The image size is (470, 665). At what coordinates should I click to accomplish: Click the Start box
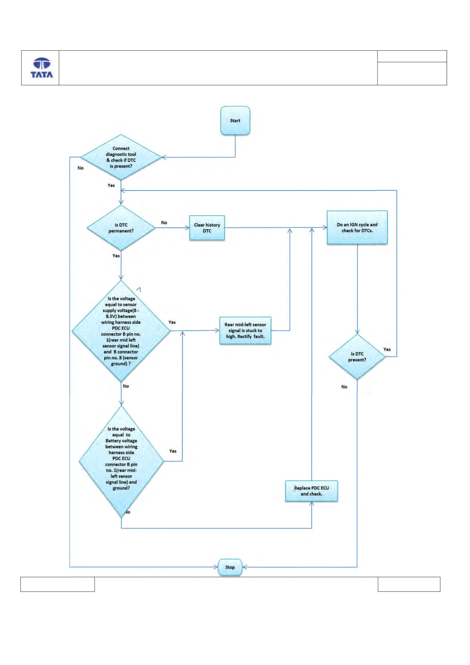tap(235, 121)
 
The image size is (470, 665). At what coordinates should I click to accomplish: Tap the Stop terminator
tap(230, 567)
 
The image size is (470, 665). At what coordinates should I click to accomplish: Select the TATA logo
tap(42, 68)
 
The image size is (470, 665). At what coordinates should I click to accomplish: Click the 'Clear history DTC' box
tap(207, 228)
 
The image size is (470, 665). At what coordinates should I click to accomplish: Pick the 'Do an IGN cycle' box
tap(357, 228)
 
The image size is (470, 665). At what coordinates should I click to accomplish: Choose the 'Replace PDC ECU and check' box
tap(311, 491)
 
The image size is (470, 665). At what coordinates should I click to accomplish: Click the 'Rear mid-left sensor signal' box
tap(245, 330)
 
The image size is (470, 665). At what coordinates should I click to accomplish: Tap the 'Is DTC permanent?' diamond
tap(121, 228)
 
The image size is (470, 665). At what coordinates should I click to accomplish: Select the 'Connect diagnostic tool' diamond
tap(121, 157)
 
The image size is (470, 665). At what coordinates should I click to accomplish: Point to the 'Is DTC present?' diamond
tap(357, 357)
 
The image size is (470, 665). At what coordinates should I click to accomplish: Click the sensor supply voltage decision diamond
tap(121, 331)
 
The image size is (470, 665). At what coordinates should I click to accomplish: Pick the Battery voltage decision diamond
tap(121, 461)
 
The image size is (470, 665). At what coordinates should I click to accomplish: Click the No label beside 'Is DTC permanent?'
tap(164, 223)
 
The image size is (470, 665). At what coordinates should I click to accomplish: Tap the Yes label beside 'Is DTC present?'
tap(387, 349)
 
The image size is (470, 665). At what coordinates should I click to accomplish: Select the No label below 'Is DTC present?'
tap(344, 387)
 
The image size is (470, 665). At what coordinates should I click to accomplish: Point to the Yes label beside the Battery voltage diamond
tap(173, 451)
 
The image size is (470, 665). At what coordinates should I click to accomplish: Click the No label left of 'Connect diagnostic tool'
tap(81, 168)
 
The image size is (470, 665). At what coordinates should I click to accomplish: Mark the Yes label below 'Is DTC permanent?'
tap(116, 256)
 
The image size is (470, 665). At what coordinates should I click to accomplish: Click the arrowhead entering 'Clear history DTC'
tap(187, 228)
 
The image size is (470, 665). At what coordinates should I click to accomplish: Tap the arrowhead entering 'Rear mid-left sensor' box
tap(217, 330)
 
